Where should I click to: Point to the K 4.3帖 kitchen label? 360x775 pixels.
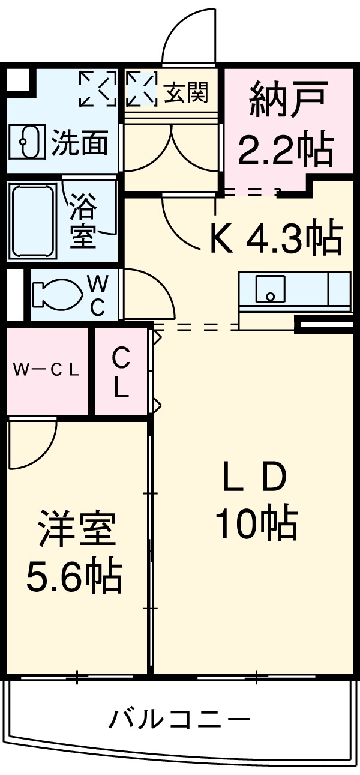pos(275,238)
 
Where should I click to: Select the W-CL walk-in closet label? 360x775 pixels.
pos(46,370)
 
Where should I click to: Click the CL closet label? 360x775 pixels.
pos(121,372)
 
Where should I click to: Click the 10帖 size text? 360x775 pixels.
pos(256,523)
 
